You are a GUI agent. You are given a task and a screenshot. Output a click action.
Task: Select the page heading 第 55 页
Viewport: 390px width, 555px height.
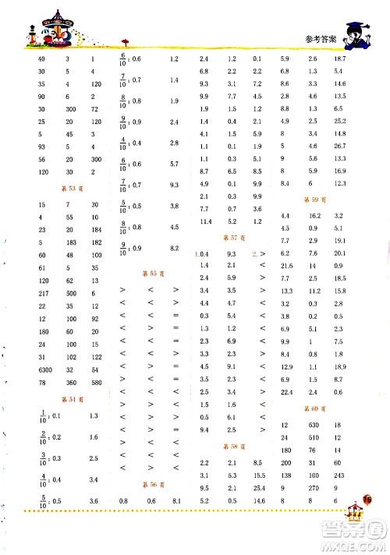[148, 273]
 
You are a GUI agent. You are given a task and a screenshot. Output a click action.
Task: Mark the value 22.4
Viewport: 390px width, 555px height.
[286, 391]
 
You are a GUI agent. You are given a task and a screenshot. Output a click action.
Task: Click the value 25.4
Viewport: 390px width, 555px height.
[258, 487]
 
